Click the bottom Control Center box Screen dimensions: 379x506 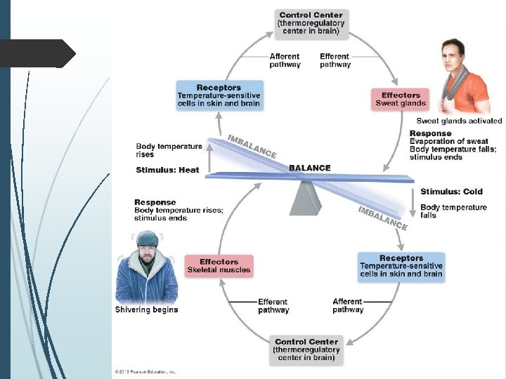306,350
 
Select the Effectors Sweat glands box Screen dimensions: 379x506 401,99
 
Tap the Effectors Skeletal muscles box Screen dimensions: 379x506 219,265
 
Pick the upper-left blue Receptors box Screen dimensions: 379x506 219,95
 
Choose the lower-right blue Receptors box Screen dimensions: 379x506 401,266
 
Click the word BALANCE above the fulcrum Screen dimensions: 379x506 309,168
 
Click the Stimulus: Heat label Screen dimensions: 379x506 167,170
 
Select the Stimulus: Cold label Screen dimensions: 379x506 451,192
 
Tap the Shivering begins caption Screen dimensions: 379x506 146,310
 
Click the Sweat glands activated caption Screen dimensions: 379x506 459,121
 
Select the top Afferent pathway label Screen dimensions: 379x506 285,60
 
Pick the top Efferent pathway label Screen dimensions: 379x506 335,60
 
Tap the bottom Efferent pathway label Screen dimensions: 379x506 273,306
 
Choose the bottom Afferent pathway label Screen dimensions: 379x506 348,305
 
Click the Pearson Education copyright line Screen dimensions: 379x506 145,371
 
